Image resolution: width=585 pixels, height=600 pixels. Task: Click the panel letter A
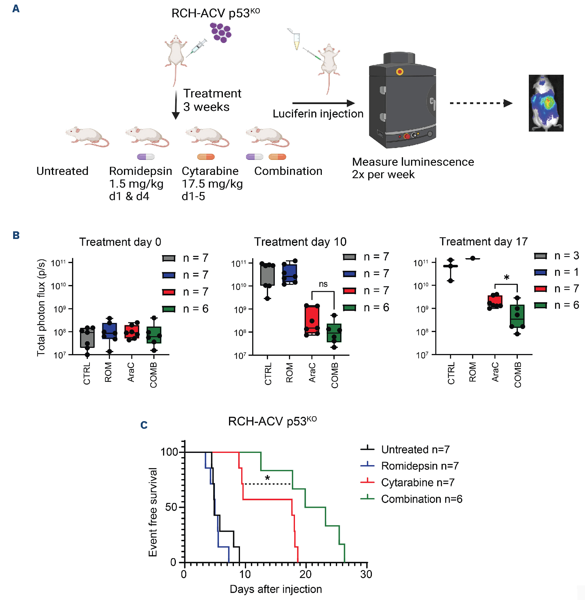tap(16, 8)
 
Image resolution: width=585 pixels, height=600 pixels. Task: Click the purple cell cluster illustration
tap(220, 33)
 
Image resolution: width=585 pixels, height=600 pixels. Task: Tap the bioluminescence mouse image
tap(546, 103)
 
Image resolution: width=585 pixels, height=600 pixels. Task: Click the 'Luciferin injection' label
tap(318, 114)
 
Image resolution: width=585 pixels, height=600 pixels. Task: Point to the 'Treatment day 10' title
tap(300, 242)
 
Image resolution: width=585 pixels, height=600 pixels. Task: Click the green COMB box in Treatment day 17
tap(517, 316)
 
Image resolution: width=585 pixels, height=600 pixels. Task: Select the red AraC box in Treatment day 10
tap(312, 320)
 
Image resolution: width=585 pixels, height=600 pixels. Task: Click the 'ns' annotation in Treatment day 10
tap(323, 284)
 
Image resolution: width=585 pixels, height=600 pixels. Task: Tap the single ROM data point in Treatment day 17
tap(473, 258)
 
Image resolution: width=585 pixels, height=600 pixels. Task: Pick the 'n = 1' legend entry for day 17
tap(556, 272)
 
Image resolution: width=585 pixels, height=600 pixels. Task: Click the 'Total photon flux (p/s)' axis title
tap(41, 307)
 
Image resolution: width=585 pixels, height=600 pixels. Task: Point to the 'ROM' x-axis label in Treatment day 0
tap(108, 372)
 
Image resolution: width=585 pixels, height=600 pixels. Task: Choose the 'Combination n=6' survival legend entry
tap(421, 499)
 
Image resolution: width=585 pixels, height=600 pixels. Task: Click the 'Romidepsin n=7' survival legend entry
tap(420, 466)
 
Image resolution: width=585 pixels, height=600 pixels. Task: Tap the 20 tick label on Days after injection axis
tap(305, 574)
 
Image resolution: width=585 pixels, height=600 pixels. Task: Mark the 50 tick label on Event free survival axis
tap(171, 507)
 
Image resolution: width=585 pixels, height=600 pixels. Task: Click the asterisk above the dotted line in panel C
tap(267, 479)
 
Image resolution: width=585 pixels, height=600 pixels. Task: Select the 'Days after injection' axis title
tap(276, 589)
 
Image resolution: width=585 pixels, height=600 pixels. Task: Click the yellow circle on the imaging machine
tap(399, 72)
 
